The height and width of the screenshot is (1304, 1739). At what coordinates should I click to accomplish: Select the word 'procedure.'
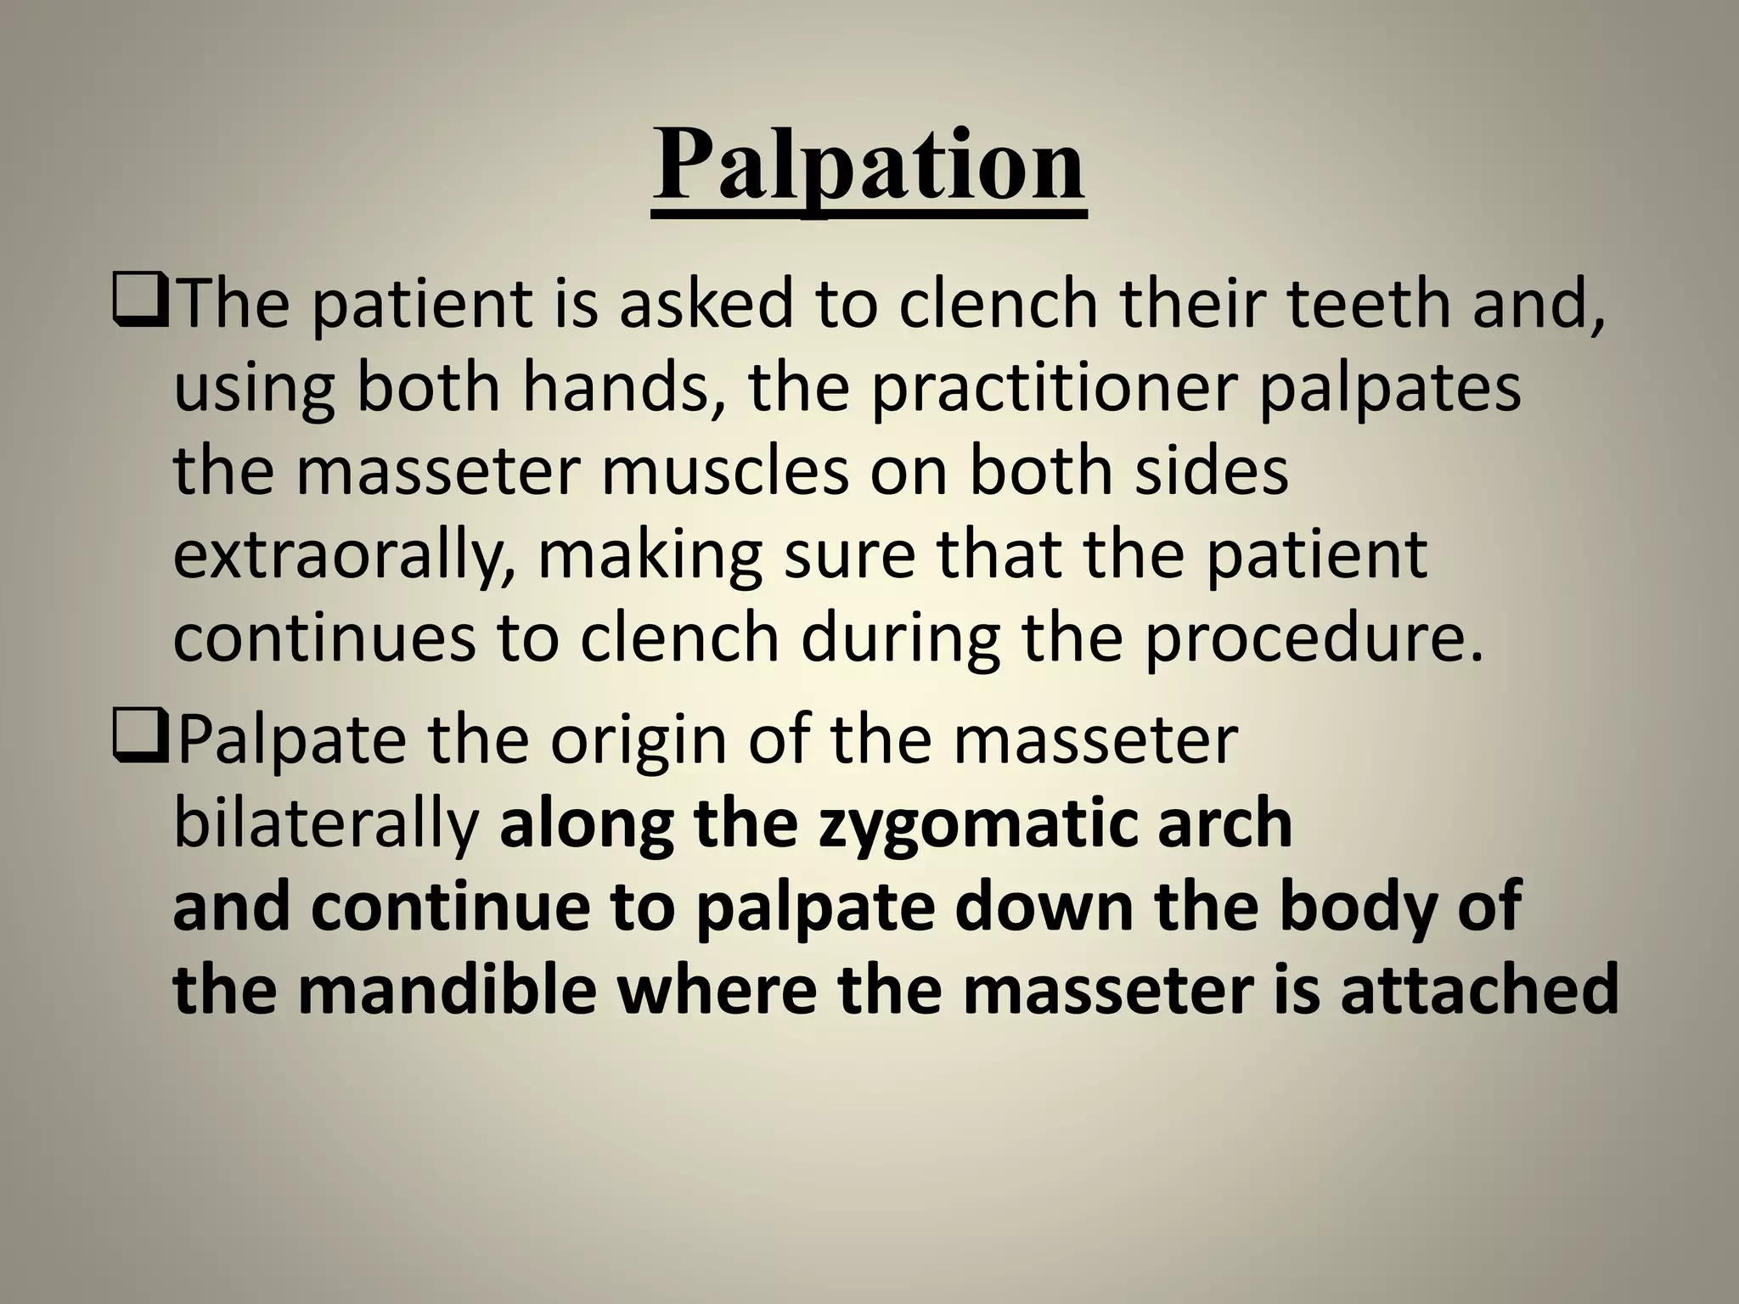(1314, 639)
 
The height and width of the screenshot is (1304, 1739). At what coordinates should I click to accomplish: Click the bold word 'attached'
(1478, 990)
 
